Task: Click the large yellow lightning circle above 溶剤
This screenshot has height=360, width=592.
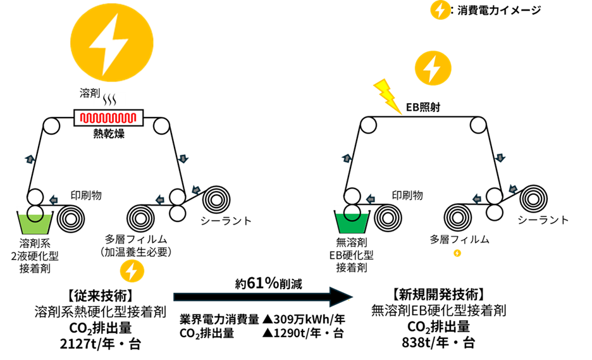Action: [112, 43]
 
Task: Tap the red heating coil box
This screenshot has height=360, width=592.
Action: [108, 118]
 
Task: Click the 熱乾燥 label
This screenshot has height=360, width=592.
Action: [109, 133]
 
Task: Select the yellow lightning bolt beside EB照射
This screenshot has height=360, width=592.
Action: [387, 96]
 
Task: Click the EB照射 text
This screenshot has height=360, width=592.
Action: [423, 108]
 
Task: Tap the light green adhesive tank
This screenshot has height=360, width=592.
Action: [34, 223]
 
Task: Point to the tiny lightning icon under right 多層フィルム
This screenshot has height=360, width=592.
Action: [457, 253]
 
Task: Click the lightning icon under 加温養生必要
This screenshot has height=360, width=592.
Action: [132, 271]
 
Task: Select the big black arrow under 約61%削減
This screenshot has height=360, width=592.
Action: [263, 297]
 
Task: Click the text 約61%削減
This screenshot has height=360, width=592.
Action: [268, 283]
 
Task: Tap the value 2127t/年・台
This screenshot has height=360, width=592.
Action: [101, 344]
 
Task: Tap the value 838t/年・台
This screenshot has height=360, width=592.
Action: [438, 343]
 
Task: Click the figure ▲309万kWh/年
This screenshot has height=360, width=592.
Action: [304, 320]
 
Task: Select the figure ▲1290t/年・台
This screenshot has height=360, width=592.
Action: [303, 333]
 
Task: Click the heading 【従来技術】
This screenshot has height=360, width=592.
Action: [100, 295]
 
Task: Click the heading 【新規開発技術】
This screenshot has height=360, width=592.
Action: [438, 294]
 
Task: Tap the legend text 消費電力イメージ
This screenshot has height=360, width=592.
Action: [499, 11]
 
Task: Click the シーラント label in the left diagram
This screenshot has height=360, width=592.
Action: [226, 221]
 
